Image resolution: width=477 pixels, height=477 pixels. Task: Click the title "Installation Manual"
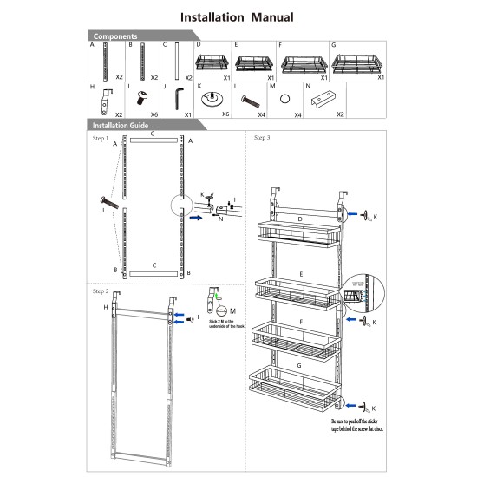237,16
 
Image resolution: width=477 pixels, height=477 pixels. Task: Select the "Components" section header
115,36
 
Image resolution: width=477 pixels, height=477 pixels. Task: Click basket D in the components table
211,62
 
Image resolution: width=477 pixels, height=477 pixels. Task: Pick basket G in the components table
356,62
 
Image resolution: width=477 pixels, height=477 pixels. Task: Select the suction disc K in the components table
211,99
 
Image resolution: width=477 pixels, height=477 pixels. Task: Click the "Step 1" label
101,139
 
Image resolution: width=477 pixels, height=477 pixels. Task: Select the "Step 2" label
101,291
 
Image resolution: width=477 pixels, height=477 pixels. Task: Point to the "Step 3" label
262,138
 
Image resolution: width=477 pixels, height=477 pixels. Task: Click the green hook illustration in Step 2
210,299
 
